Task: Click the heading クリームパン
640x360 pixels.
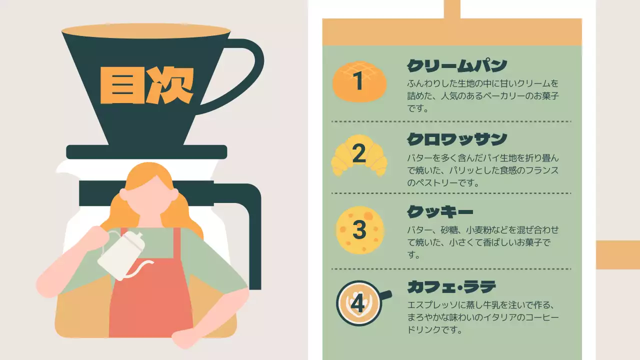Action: click(x=457, y=65)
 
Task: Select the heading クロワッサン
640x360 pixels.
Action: click(x=457, y=139)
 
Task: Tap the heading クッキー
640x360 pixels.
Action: click(x=440, y=212)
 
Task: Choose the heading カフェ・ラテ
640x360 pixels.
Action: click(x=451, y=286)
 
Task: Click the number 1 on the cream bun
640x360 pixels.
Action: click(x=358, y=81)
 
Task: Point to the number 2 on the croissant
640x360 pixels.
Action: click(x=359, y=154)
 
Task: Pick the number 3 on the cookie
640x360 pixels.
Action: click(x=359, y=230)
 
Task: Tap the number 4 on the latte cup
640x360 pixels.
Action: click(x=358, y=303)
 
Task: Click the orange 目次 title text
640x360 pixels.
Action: click(x=146, y=85)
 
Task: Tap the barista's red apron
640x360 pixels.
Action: click(x=150, y=300)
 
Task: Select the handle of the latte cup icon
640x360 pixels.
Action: click(x=385, y=295)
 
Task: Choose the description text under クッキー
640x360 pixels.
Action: click(x=482, y=242)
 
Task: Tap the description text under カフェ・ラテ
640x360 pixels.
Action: click(x=482, y=317)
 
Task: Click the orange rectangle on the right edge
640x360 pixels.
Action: click(x=617, y=254)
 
